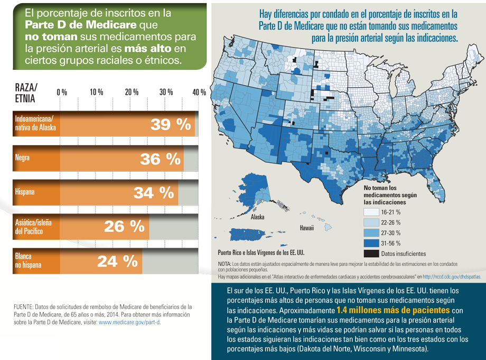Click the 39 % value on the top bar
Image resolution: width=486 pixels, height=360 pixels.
(170, 125)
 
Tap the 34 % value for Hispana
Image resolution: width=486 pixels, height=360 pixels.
(154, 193)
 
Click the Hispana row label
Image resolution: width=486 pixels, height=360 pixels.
(25, 193)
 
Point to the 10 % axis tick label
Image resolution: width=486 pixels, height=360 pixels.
(96, 93)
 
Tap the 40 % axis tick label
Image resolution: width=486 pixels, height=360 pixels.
(199, 93)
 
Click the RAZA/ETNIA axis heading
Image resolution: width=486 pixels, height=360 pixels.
(27, 93)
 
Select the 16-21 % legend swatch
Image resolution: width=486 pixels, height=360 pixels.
(371, 212)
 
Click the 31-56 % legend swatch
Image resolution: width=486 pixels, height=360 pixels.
(371, 244)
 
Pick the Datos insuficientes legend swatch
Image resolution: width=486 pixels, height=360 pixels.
(371, 255)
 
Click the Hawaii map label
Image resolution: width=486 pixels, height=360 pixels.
(307, 228)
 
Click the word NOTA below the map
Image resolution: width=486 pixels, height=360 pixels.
(226, 264)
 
